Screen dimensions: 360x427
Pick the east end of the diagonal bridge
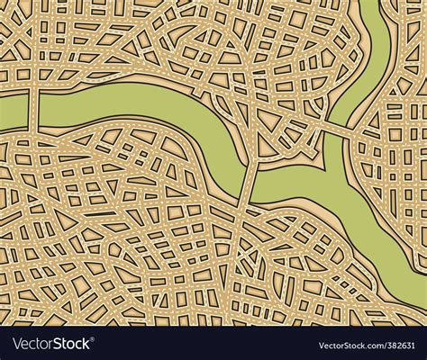pyautogui.click(x=355, y=136)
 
